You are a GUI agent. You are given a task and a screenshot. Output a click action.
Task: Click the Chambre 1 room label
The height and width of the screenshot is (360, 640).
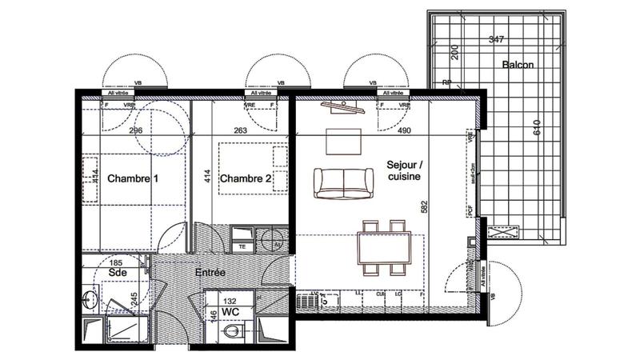pos(132,178)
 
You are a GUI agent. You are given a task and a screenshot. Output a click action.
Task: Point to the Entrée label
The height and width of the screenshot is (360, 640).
pos(210,273)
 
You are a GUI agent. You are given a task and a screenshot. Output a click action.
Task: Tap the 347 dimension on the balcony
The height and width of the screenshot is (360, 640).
pos(495,39)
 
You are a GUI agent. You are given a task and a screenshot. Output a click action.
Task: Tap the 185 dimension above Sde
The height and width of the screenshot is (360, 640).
pos(117,262)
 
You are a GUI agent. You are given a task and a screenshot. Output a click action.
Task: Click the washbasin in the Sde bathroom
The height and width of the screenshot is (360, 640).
pos(89,298)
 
